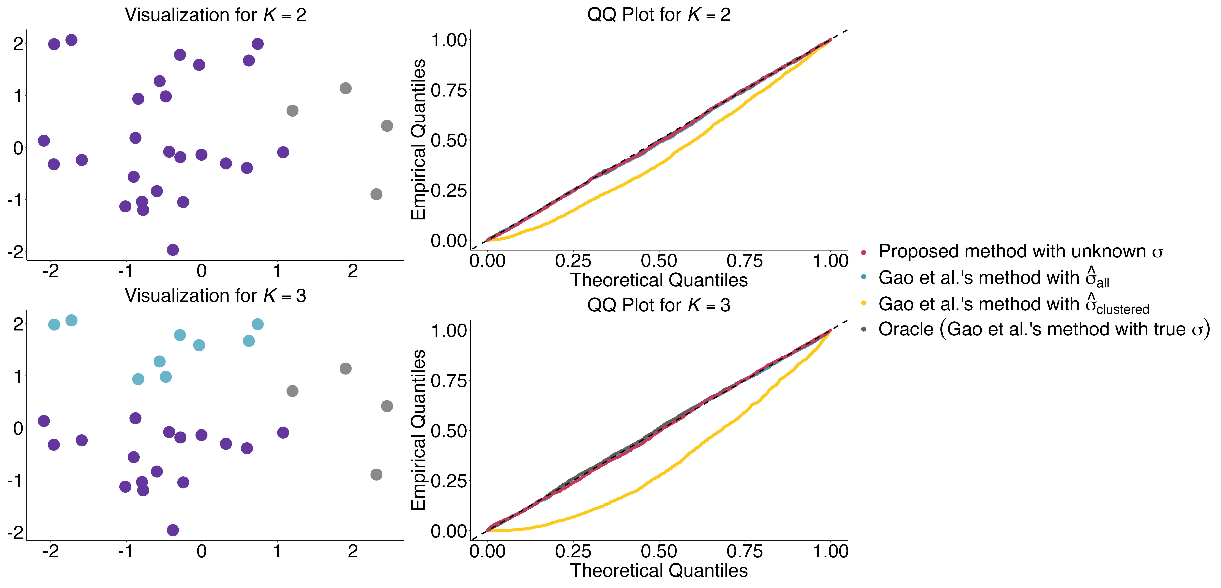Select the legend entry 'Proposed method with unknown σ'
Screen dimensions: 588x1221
pyautogui.click(x=1019, y=251)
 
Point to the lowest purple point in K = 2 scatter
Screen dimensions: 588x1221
pyautogui.click(x=173, y=250)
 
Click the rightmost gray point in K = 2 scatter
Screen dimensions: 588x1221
pyautogui.click(x=387, y=126)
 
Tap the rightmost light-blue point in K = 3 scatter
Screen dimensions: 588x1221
pyautogui.click(x=257, y=324)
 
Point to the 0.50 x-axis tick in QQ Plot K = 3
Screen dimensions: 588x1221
pyautogui.click(x=659, y=552)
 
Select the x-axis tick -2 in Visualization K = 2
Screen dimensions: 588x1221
pyautogui.click(x=51, y=271)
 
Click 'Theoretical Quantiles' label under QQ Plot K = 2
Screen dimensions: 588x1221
pyautogui.click(x=659, y=280)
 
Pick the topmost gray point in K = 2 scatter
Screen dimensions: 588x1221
pyautogui.click(x=345, y=88)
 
